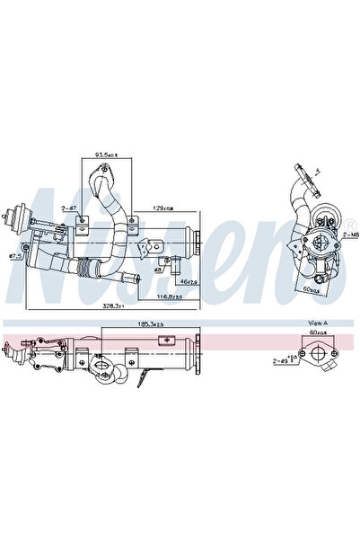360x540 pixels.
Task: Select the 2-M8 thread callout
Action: point(352,233)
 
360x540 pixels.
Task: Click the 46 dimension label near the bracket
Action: point(187,282)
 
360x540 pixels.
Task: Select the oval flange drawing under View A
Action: point(319,354)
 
